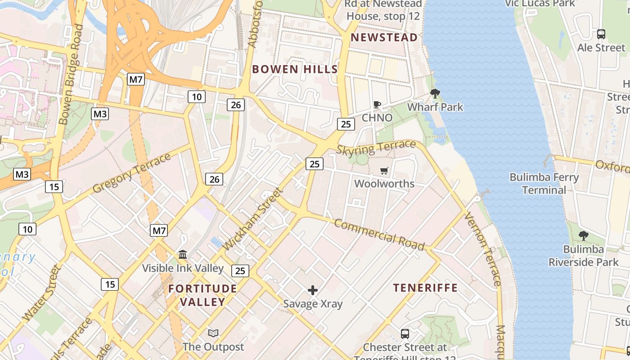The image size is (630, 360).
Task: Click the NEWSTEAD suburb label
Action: tap(384, 37)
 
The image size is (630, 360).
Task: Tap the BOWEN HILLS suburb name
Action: tap(295, 69)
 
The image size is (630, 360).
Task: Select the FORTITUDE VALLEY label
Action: tap(202, 295)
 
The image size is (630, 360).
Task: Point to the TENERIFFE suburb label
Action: tap(425, 288)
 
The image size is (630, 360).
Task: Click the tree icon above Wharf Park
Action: tap(435, 94)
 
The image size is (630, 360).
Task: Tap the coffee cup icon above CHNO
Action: tap(377, 105)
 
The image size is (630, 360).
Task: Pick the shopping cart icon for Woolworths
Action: tap(384, 171)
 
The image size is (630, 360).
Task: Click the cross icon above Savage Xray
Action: tap(313, 290)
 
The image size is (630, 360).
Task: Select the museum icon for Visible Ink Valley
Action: tap(183, 255)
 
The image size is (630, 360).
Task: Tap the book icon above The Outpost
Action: tap(213, 333)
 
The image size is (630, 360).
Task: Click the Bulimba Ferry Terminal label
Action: tap(544, 184)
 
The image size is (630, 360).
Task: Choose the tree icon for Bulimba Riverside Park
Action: tap(583, 235)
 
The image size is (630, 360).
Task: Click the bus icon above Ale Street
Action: tap(601, 34)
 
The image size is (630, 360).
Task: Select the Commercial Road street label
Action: tap(379, 235)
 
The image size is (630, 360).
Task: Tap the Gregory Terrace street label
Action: tap(132, 173)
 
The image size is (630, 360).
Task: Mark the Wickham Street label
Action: tap(253, 219)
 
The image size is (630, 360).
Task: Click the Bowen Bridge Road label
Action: tap(71, 74)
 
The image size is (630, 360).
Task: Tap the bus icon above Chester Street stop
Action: tap(405, 334)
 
